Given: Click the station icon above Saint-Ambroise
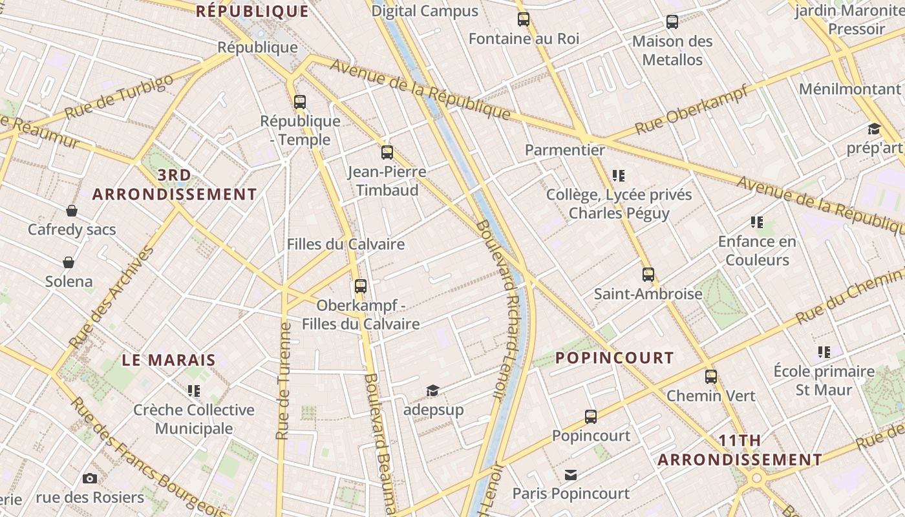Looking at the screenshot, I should (x=648, y=275).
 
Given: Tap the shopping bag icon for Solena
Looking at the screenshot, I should (x=69, y=262).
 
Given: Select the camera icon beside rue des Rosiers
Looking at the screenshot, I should (x=90, y=478).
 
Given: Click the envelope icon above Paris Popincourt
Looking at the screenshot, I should (x=571, y=475).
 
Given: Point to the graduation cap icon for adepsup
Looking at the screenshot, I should (x=432, y=390).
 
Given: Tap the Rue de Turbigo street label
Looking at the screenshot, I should (x=119, y=97).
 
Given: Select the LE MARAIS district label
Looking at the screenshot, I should (x=169, y=360).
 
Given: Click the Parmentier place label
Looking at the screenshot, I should (x=565, y=150).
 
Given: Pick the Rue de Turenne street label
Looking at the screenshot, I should (x=284, y=381).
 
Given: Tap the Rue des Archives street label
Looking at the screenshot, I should (x=111, y=297).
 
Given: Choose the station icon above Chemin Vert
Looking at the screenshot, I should (x=711, y=376).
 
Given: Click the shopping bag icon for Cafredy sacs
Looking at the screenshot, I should (x=72, y=211).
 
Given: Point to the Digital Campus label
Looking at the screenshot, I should (x=425, y=11).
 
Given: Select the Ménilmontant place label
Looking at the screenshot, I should (x=850, y=89).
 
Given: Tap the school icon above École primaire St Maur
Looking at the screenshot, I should (x=824, y=352).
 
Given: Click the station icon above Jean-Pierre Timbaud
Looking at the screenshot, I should (x=387, y=153).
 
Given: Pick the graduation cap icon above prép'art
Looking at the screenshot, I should (x=874, y=129).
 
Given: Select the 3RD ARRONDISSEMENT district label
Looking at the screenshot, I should (x=175, y=185).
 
